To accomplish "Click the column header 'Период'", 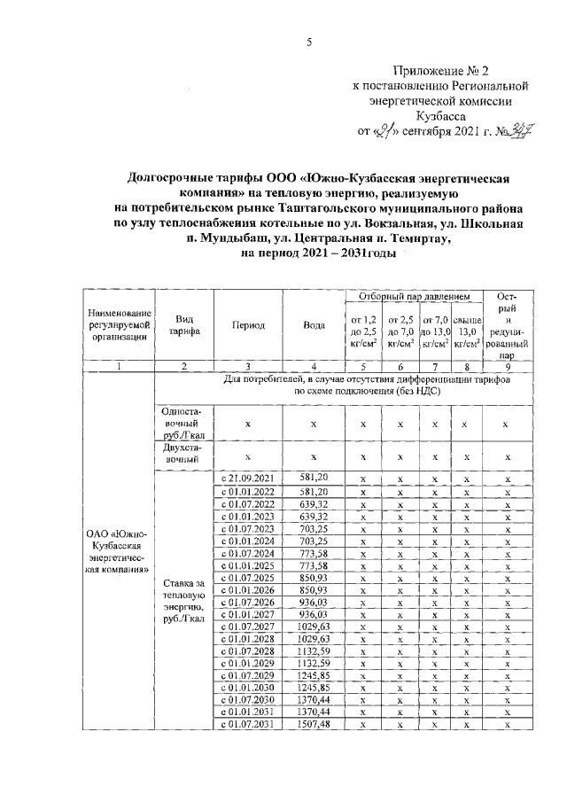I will click(x=249, y=325).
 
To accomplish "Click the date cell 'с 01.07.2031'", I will click(x=248, y=724).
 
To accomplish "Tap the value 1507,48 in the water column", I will click(x=314, y=724).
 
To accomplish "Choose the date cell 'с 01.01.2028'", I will click(x=248, y=638).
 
